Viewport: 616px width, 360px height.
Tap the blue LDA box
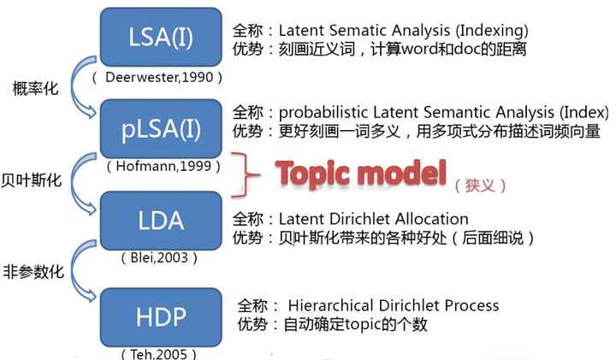162,220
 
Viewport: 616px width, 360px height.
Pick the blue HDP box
162,316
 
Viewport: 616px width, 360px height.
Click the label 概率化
36,88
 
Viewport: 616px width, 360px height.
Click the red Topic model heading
361,174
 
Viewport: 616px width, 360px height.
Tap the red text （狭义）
481,184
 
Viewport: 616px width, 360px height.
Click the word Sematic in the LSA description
354,31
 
